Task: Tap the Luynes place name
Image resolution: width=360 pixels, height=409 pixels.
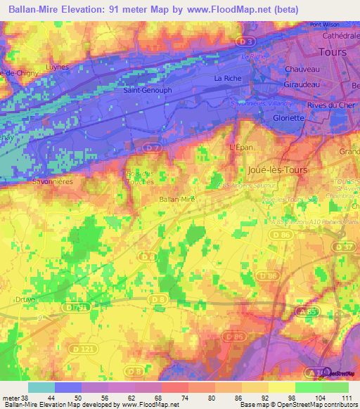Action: tap(57, 67)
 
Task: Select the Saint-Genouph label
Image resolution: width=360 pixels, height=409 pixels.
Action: tap(141, 90)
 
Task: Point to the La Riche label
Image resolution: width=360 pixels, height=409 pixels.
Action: tap(228, 77)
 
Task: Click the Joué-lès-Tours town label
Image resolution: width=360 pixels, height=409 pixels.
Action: tap(278, 170)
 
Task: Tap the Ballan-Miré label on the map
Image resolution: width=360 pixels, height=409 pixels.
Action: tap(176, 199)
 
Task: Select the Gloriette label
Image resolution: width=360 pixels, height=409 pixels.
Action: tap(288, 118)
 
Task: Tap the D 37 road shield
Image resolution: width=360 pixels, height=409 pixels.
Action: tap(344, 247)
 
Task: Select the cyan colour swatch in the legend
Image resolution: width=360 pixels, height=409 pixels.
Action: tap(41, 387)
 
